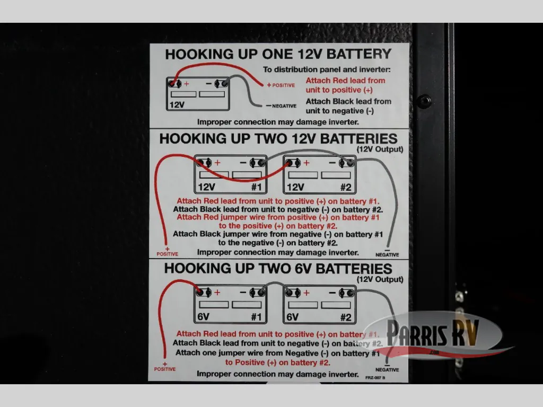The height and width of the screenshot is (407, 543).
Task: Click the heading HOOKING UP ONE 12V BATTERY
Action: click(x=278, y=55)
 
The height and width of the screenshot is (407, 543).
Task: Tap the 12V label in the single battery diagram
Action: click(x=177, y=104)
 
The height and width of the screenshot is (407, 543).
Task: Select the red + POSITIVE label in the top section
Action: click(x=281, y=85)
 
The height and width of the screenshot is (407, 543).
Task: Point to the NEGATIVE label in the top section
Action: click(x=281, y=106)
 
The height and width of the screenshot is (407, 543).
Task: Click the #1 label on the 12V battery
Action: click(x=257, y=187)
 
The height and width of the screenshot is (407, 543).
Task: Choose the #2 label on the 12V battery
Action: click(x=346, y=187)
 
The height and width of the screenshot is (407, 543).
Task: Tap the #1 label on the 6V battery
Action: click(x=257, y=317)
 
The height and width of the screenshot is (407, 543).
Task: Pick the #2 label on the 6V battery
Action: click(x=346, y=317)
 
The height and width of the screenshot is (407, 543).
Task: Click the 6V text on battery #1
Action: click(x=203, y=317)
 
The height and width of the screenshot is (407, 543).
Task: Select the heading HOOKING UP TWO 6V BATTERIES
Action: click(x=278, y=269)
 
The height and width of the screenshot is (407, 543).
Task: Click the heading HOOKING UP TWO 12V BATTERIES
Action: click(x=278, y=139)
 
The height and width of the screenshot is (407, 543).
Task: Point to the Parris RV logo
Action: click(x=434, y=334)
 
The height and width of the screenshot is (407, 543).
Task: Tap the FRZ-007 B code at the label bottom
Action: click(x=375, y=377)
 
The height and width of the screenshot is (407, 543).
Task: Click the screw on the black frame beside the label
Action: click(x=424, y=101)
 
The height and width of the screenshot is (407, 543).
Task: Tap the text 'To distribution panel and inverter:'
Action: click(x=327, y=69)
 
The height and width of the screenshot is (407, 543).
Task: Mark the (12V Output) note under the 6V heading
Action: click(x=380, y=279)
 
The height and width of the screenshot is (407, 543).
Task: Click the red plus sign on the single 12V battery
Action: click(x=186, y=84)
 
